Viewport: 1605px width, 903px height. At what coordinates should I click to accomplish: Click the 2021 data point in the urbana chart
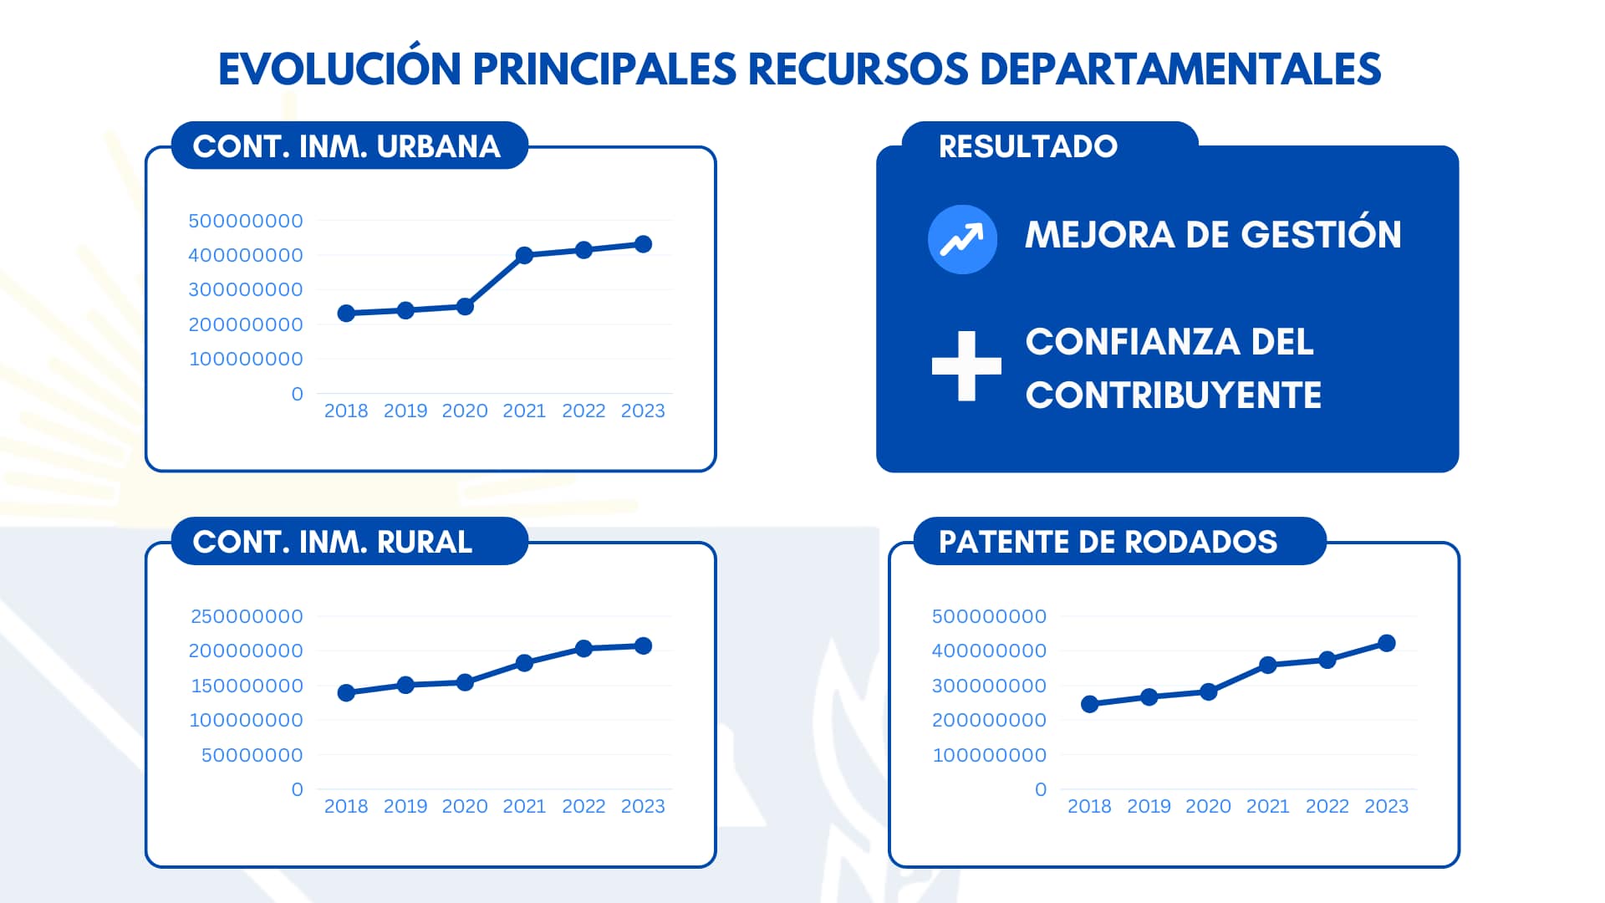point(524,256)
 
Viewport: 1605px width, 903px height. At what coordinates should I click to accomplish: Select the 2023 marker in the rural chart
point(643,645)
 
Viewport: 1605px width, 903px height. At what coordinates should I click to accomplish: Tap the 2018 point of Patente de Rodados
point(1089,704)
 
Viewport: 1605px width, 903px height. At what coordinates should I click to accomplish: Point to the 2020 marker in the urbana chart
point(465,307)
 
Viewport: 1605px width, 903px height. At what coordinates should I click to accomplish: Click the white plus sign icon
point(966,366)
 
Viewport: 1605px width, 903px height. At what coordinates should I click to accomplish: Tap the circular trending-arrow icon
point(962,239)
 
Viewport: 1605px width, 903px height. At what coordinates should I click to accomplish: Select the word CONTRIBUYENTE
point(1173,395)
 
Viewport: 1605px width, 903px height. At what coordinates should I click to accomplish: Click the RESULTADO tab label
point(1027,146)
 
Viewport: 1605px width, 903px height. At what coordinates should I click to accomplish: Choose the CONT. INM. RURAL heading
point(332,542)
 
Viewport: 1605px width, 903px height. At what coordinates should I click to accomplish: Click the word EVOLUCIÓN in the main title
point(339,69)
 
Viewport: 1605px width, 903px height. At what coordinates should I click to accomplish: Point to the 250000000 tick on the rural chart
point(247,616)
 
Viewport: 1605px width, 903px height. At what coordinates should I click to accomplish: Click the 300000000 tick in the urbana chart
point(245,289)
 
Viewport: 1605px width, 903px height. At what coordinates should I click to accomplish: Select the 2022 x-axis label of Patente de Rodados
point(1327,806)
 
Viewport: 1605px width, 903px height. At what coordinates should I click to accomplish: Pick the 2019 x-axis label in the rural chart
point(405,806)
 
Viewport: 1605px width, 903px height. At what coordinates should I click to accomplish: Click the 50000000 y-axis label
point(252,755)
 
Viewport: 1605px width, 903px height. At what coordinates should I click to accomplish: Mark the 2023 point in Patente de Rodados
point(1386,643)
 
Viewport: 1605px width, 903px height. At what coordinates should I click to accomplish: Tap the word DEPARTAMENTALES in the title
point(1180,69)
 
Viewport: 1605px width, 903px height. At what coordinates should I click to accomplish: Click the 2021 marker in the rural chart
point(524,663)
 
